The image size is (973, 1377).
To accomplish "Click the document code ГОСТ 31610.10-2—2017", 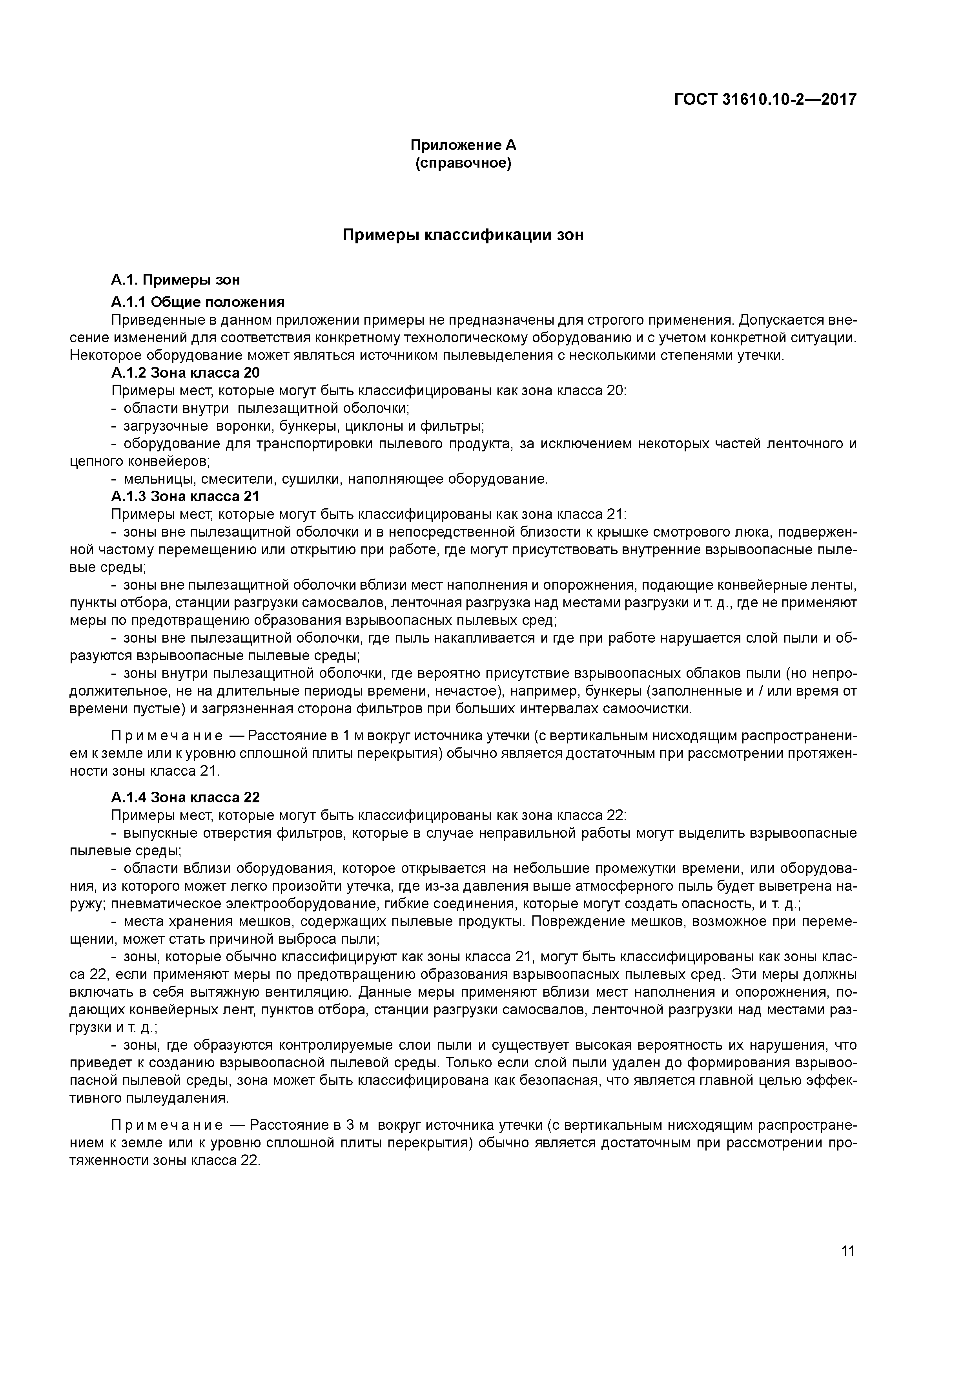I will click(x=765, y=99).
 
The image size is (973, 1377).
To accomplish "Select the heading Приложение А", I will click(x=463, y=145).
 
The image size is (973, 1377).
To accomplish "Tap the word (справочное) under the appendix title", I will click(x=463, y=163).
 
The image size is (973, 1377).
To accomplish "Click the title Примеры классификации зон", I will click(x=463, y=235).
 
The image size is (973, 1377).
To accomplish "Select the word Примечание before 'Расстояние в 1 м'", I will click(x=167, y=735).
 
